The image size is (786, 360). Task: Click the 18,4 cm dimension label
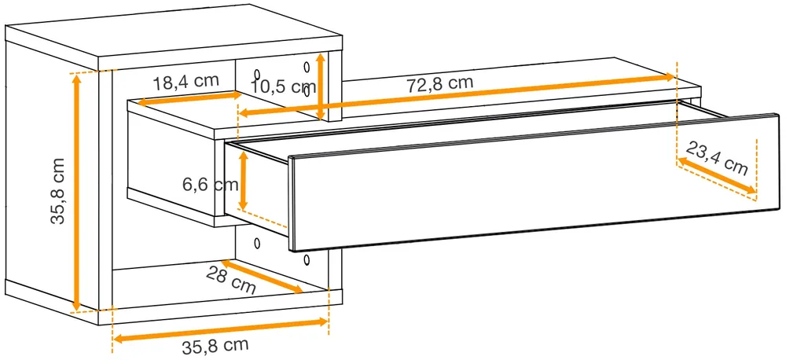pos(185,82)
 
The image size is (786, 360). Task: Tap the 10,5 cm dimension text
pos(283,86)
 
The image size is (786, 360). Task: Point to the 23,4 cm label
pos(716,158)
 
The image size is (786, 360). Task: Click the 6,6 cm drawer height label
pos(210,185)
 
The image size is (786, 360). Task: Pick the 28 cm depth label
pos(231,279)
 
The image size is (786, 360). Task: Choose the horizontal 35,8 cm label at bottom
pos(215,347)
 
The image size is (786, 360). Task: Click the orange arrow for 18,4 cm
pos(189,98)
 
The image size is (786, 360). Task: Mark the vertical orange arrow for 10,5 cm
pos(321,86)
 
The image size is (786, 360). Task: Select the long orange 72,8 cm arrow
pos(457,95)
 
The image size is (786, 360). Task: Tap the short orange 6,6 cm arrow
pos(243,181)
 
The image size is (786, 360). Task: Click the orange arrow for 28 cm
pos(262,276)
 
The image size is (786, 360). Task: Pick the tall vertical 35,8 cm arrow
pos(77,192)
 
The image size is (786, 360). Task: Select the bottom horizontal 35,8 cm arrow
pos(221,331)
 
